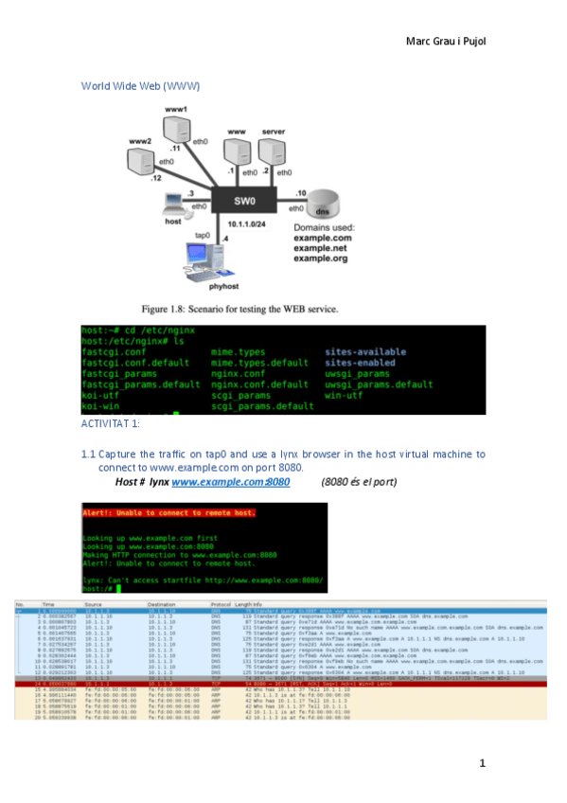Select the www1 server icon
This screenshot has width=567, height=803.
pyautogui.click(x=176, y=130)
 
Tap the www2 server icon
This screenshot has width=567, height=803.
pyautogui.click(x=142, y=159)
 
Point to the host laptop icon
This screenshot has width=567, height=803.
pyautogui.click(x=174, y=202)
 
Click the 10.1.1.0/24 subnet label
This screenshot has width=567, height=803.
pyautogui.click(x=245, y=223)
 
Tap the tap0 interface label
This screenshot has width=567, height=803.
pyautogui.click(x=202, y=234)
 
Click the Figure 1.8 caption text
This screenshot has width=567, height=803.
pyautogui.click(x=239, y=309)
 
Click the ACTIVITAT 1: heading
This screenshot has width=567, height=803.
pyautogui.click(x=111, y=422)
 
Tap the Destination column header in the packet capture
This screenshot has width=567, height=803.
pyautogui.click(x=162, y=603)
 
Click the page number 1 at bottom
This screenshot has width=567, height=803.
pyautogui.click(x=482, y=763)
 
